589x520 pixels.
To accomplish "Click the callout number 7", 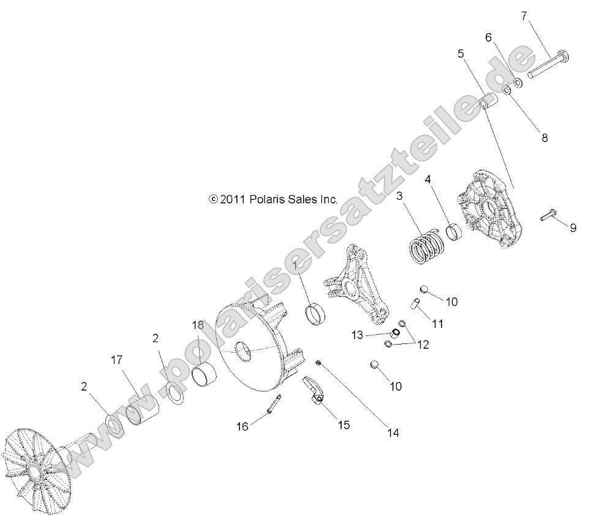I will pos(523,16).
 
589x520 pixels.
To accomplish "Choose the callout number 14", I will pos(392,432).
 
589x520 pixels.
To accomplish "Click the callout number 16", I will pos(243,426).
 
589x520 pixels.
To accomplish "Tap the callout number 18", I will pos(198,325).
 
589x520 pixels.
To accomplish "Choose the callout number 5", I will pos(460,53).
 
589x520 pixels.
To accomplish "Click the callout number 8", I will pos(527,139).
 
